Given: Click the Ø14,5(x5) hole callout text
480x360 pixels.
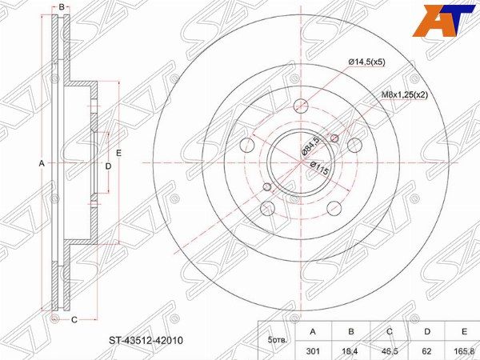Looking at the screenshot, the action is (366, 62).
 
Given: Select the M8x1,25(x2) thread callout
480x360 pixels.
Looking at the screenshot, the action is (404, 95).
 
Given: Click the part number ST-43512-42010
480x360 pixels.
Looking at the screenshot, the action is (146, 340).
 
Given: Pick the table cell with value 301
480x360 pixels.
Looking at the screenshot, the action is (313, 350).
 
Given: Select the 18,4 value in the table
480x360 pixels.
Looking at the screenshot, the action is (351, 350).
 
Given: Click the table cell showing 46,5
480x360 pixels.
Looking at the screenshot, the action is (389, 350).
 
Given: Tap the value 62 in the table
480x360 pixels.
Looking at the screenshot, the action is (427, 350).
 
